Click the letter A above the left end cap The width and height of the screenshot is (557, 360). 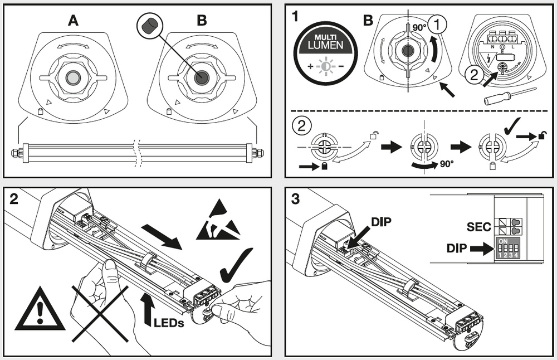click(x=73, y=21)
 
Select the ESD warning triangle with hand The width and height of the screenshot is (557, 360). click(x=218, y=223)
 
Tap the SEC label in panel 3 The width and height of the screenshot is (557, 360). click(x=478, y=227)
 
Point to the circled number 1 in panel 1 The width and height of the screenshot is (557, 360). click(x=439, y=24)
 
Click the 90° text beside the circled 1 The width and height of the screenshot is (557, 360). click(x=418, y=26)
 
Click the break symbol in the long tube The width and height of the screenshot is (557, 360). click(x=138, y=151)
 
